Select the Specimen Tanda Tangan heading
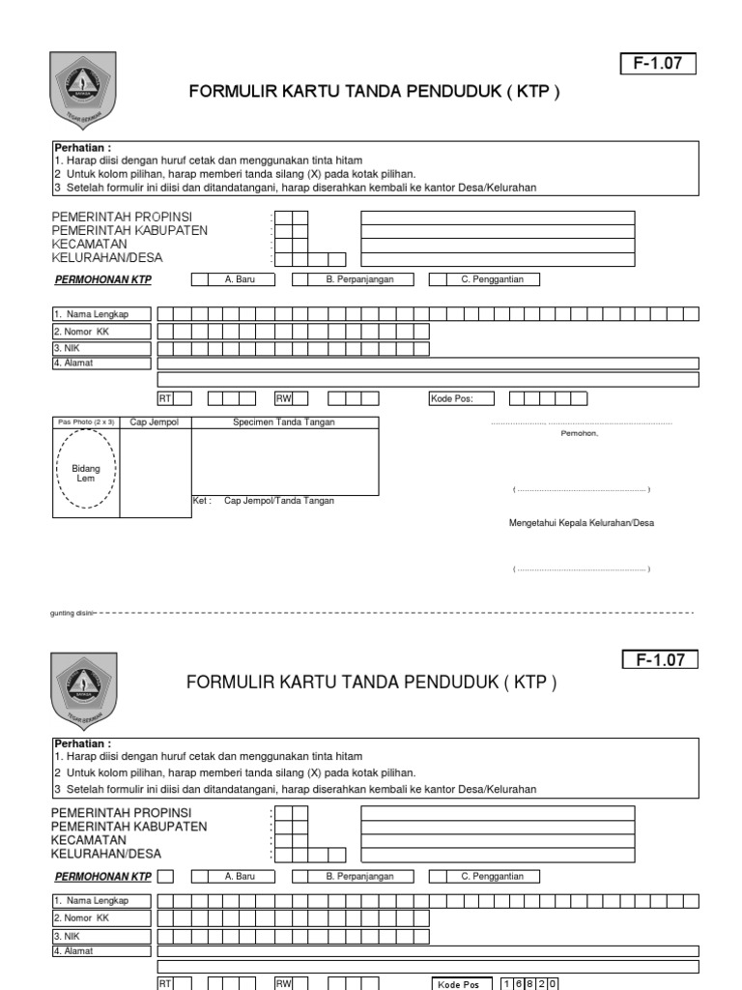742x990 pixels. (x=284, y=422)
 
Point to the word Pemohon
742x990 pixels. (x=580, y=433)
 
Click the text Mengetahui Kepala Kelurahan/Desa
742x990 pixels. (x=582, y=523)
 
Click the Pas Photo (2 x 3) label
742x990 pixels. (x=86, y=422)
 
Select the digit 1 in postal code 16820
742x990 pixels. (x=506, y=983)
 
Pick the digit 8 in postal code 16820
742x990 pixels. (x=529, y=983)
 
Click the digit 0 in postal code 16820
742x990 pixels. (x=553, y=983)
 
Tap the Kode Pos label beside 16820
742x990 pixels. (x=458, y=984)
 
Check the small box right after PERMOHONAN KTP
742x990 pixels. (x=165, y=877)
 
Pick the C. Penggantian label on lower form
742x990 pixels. (x=492, y=877)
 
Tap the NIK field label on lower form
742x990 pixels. (x=65, y=936)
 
